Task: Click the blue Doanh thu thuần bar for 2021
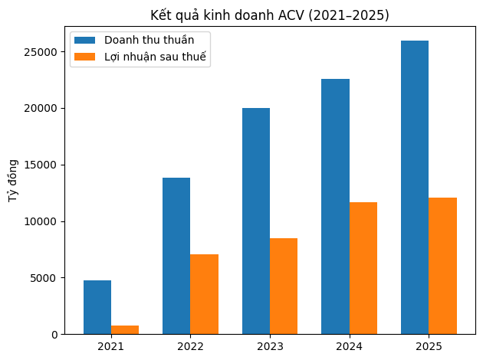97,307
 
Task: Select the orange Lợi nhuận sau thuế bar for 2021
125,330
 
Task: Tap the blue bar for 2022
176,256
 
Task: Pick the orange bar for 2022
205,294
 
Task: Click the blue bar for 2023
256,221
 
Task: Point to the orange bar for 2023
284,286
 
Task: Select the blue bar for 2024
335,207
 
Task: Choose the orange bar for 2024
363,268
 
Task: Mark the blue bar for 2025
415,188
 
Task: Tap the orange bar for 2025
443,266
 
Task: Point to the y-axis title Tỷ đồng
14,180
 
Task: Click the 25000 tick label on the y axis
43,52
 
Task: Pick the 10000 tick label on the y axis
43,221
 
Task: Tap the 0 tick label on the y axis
55,335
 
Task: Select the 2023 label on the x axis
270,347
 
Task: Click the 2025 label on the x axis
429,347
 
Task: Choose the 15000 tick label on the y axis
43,165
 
